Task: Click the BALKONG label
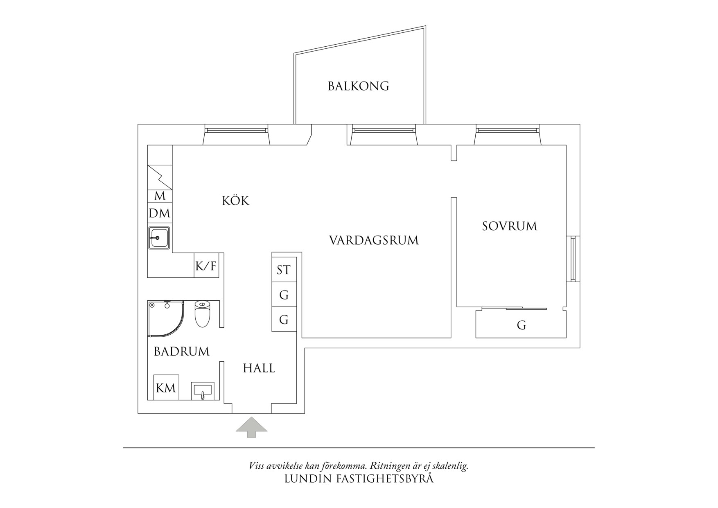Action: [358, 86]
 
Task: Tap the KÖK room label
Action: [235, 201]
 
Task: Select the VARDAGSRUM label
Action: [374, 240]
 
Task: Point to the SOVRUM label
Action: [509, 226]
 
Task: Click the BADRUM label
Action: [181, 351]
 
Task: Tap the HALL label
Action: [259, 368]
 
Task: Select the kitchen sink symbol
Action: [159, 238]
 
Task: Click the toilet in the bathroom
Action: [202, 314]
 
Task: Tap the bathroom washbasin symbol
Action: [203, 390]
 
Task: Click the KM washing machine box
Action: [166, 388]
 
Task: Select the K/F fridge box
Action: [206, 266]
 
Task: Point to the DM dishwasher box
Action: [160, 213]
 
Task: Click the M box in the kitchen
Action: [160, 196]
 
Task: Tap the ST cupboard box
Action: [284, 270]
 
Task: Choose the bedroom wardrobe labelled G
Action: [521, 325]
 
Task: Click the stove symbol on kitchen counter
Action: [160, 177]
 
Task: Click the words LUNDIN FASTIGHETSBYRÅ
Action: [359, 479]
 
